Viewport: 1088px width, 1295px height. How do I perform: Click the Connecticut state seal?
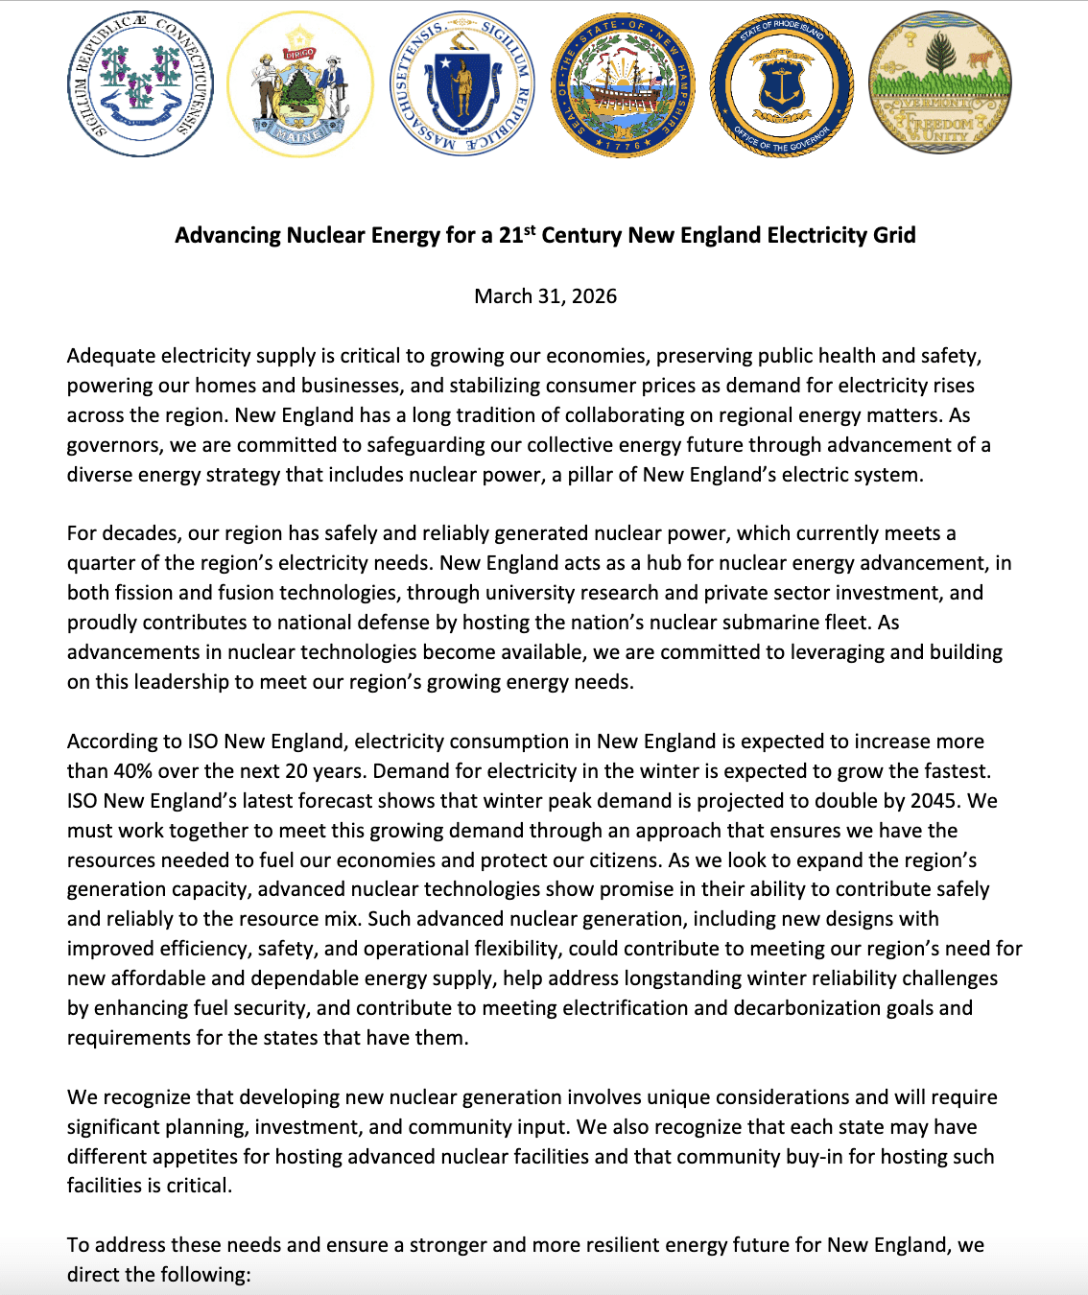(x=140, y=84)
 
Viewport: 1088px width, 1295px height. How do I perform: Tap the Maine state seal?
(x=299, y=84)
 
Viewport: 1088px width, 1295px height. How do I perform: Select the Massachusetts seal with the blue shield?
(x=461, y=84)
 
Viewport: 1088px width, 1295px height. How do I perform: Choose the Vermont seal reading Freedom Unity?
(x=939, y=84)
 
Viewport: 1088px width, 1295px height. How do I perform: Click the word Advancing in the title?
(x=226, y=236)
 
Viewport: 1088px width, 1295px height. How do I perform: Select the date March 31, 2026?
(x=545, y=296)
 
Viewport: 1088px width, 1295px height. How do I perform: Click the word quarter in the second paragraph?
(x=101, y=563)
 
